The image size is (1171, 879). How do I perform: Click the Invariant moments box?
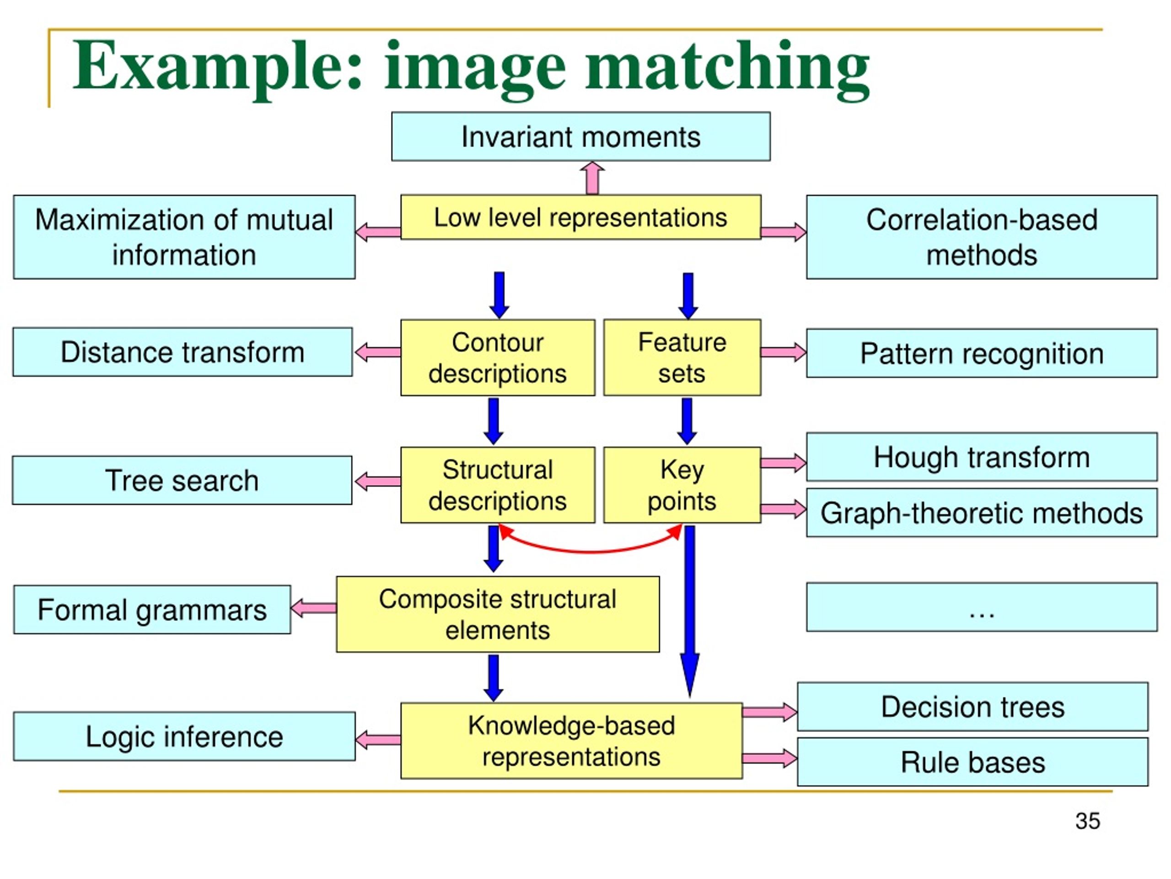581,136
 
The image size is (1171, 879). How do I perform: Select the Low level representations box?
581,217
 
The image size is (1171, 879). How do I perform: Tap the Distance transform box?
183,352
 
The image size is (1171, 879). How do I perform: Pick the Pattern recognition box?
982,353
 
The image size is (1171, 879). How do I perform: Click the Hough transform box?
982,457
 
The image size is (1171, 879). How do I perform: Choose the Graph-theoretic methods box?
982,512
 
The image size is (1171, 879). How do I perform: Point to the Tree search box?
182,480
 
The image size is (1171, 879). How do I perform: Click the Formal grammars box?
152,609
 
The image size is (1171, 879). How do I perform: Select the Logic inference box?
184,737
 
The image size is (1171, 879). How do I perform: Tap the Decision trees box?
972,707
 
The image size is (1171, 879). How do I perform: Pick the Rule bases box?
972,762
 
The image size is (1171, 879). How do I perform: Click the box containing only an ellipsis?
982,607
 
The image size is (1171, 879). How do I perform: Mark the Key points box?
682,485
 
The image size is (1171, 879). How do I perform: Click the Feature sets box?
682,357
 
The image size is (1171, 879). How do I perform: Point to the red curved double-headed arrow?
590,551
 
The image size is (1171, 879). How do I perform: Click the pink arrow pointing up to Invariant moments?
592,178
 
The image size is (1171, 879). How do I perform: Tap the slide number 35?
1088,821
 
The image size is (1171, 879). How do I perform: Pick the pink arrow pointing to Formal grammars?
313,608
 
